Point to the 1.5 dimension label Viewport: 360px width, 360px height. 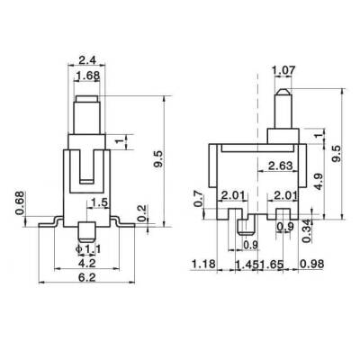click(101, 203)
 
